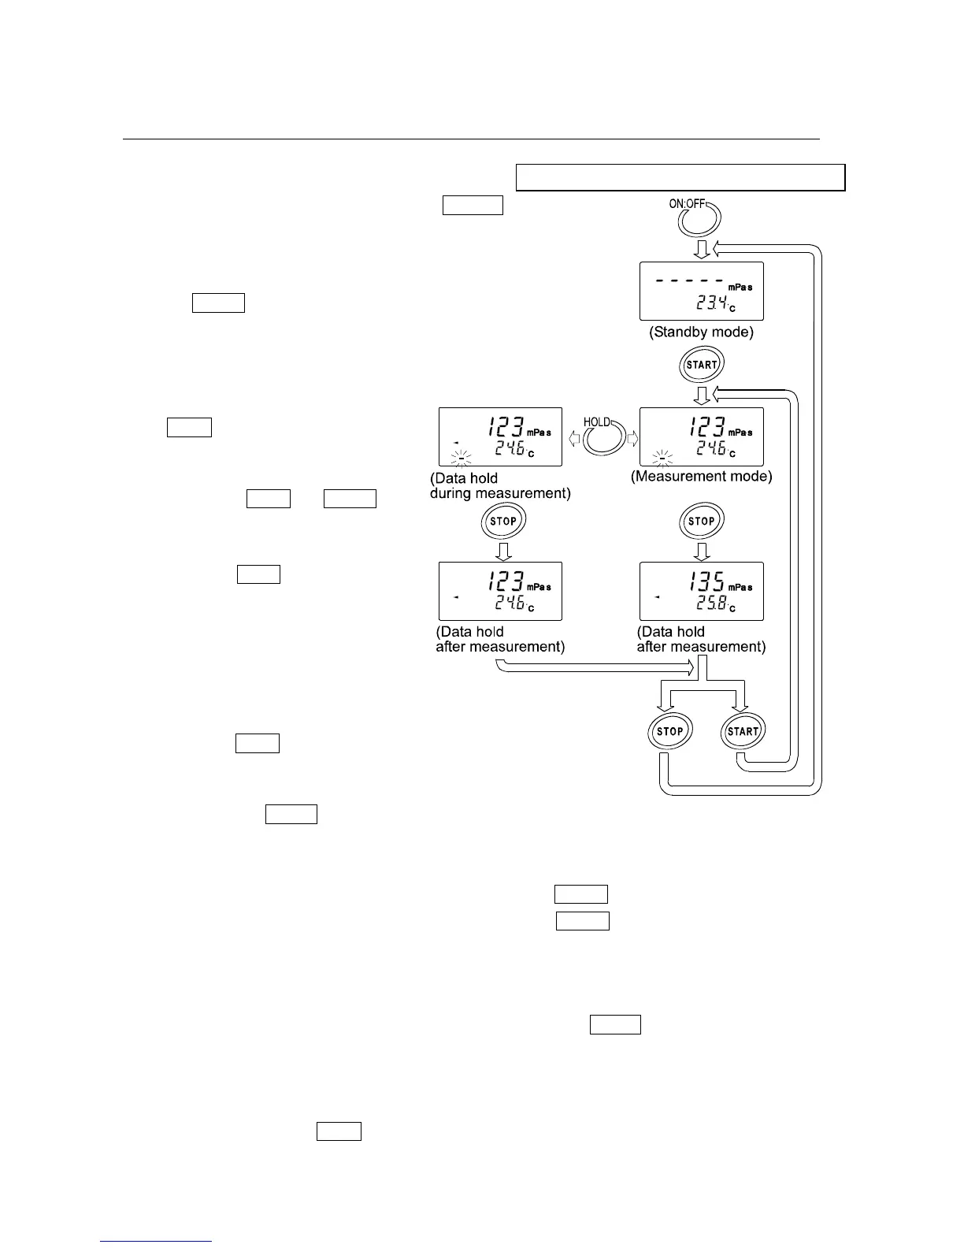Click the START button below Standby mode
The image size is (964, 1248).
(701, 365)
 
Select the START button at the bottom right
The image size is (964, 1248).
(743, 731)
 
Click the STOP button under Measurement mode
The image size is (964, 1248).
(701, 521)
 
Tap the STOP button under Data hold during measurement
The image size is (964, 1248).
(503, 521)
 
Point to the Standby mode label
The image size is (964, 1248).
(701, 332)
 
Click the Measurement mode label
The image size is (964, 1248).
(701, 476)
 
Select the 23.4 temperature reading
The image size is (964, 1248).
(713, 303)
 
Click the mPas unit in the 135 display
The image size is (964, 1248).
(740, 588)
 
